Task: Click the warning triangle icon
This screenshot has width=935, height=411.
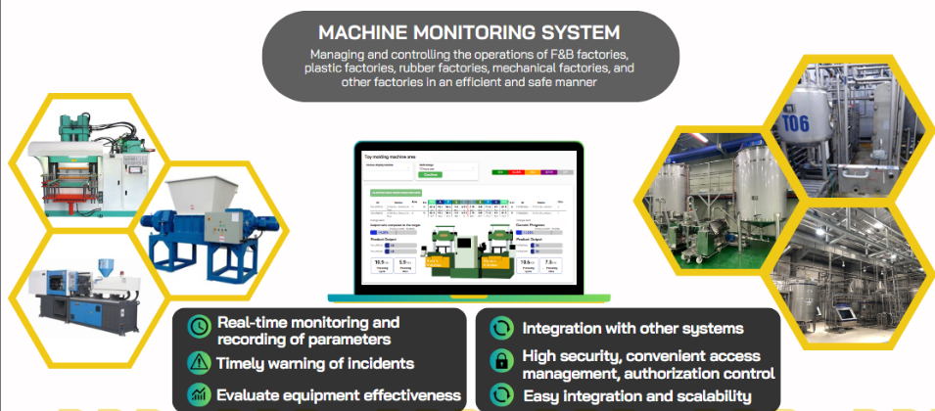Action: tap(199, 363)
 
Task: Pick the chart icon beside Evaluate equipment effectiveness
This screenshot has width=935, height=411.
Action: tap(199, 394)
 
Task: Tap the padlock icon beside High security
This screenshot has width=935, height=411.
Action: tap(500, 363)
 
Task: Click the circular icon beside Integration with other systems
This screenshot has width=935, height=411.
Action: tap(500, 328)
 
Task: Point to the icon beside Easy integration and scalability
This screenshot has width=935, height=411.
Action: tap(500, 395)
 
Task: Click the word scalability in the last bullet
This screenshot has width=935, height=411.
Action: tap(707, 396)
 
